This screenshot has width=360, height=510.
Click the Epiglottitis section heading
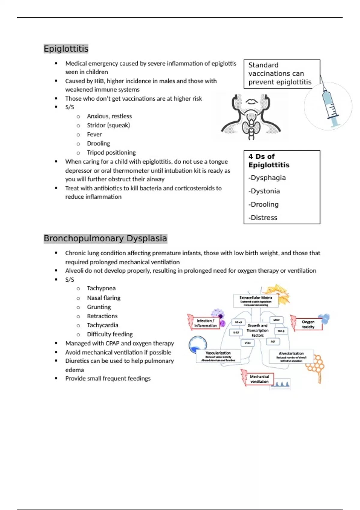click(x=66, y=49)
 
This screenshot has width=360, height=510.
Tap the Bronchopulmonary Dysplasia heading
click(x=105, y=238)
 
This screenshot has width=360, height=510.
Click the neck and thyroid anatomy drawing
click(x=251, y=117)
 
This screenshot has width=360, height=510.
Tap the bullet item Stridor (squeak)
click(x=108, y=125)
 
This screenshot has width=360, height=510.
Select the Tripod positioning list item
click(x=111, y=152)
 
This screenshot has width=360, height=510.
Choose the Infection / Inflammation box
click(x=205, y=323)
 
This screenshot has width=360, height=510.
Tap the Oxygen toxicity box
click(x=308, y=324)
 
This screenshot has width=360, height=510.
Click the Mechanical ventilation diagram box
click(x=259, y=379)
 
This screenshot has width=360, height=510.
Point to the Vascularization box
click(x=218, y=356)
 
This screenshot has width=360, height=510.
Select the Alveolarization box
click(x=291, y=356)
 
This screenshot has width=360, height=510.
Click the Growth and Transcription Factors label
click(x=257, y=330)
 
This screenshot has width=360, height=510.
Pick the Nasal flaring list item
click(x=103, y=298)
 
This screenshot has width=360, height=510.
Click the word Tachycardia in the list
click(x=102, y=325)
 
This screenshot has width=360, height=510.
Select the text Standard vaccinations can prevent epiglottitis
click(x=280, y=73)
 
